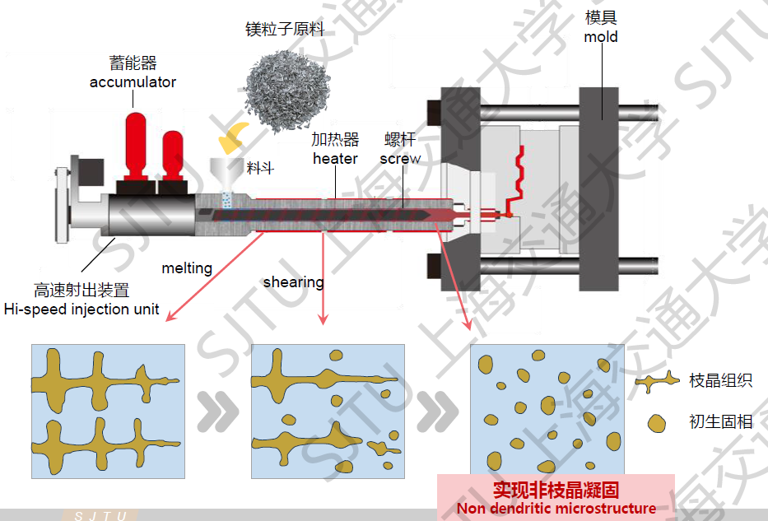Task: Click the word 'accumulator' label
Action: click(x=133, y=81)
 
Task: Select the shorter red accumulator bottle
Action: click(x=174, y=152)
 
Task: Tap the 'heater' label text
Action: click(x=335, y=158)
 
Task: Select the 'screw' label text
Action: click(x=400, y=158)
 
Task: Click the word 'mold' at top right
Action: click(x=601, y=37)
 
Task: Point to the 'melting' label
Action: click(x=187, y=268)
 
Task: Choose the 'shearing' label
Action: click(x=293, y=282)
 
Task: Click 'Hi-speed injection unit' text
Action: click(x=81, y=309)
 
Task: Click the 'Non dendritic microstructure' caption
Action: click(x=556, y=508)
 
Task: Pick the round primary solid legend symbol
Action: click(x=657, y=424)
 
